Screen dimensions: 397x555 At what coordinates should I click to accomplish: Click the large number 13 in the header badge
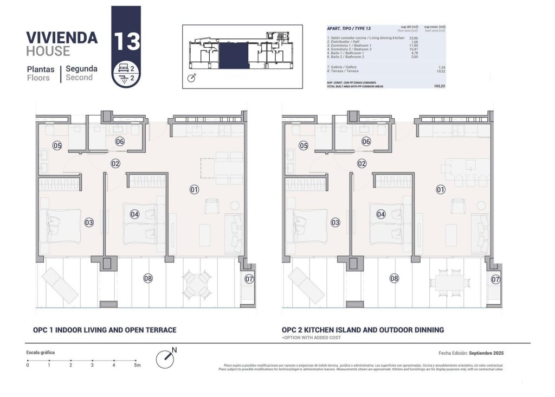tap(127, 41)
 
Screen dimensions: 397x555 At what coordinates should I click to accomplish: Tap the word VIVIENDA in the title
tap(62, 37)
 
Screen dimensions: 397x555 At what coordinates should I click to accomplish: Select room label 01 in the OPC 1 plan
tap(195, 189)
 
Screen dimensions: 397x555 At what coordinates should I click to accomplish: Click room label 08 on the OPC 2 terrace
tap(395, 278)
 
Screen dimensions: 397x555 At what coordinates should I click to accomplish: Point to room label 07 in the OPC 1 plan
tap(249, 279)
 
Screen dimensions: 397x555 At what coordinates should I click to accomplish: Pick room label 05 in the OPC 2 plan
tap(304, 145)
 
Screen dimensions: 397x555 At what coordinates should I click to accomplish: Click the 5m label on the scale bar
tap(137, 366)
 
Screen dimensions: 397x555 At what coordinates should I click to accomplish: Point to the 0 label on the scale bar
tap(28, 366)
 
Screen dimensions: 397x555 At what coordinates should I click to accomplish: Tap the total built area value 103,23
tap(440, 86)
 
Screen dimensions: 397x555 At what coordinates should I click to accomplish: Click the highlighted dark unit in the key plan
tap(233, 56)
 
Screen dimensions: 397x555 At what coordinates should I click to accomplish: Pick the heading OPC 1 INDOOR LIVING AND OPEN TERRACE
tap(105, 330)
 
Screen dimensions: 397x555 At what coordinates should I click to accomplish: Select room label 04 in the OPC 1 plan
tap(135, 214)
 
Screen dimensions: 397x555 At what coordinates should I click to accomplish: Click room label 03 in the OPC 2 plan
tap(335, 222)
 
